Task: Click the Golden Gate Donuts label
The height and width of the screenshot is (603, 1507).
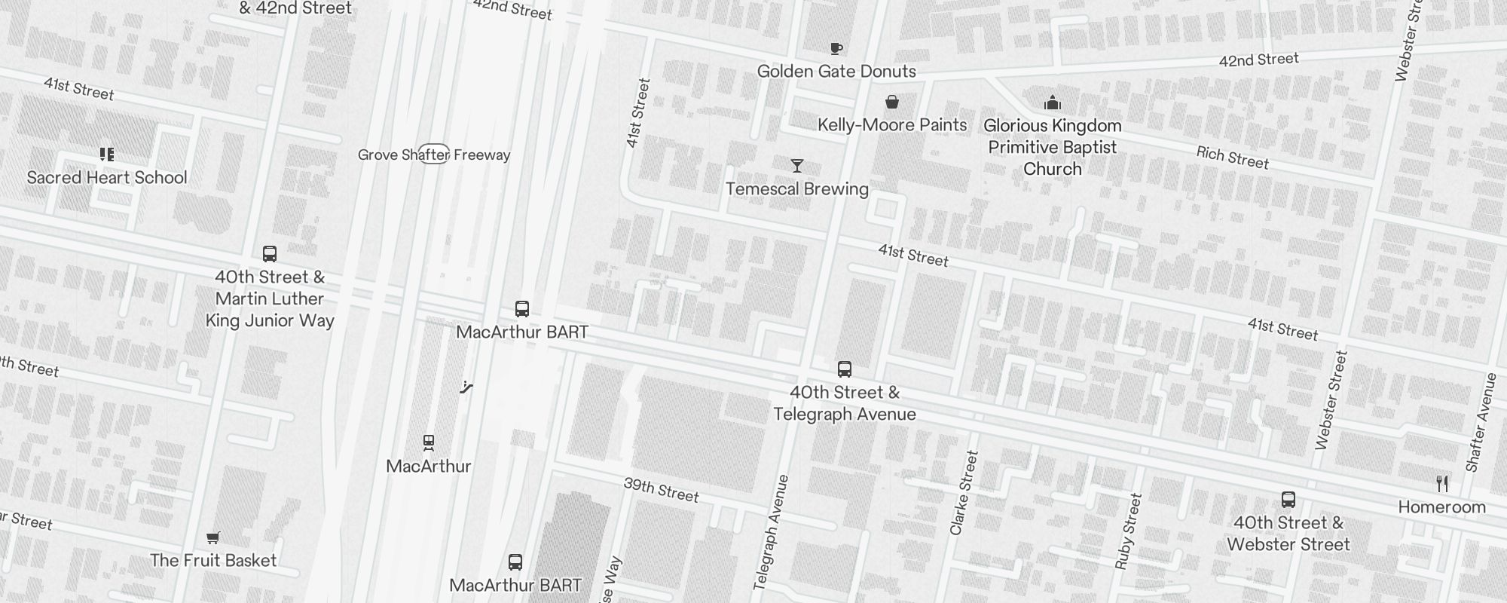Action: click(x=836, y=72)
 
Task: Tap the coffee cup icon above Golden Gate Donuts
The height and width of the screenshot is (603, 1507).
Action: click(x=836, y=49)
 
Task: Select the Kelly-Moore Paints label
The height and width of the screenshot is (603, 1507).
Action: click(x=892, y=125)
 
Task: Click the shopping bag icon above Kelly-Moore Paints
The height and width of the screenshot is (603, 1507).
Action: click(x=892, y=102)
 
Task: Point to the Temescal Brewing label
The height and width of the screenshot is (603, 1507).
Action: click(x=797, y=189)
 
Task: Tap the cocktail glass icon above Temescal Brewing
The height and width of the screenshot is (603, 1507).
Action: click(x=797, y=166)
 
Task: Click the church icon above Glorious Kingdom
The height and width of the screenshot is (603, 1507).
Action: click(x=1053, y=103)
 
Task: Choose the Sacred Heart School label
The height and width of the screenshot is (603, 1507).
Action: click(x=107, y=178)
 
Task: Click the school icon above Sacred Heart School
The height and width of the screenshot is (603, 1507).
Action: click(x=107, y=155)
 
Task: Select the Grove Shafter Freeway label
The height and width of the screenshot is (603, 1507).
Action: click(x=434, y=155)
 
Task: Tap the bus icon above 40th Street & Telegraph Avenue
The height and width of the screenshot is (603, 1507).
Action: click(x=845, y=369)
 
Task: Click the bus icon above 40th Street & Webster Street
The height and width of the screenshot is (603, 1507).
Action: click(x=1288, y=500)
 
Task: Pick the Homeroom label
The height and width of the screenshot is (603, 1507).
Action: click(x=1441, y=507)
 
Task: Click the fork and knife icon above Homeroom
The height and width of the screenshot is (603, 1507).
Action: click(x=1442, y=484)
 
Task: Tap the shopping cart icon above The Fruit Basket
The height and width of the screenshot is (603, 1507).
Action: click(x=213, y=537)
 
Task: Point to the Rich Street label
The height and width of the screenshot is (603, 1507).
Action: click(x=1233, y=158)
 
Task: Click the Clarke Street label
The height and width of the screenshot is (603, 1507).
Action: click(x=964, y=493)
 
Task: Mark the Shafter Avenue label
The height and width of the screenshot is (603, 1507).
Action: click(x=1481, y=422)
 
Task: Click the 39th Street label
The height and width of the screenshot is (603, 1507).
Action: click(x=661, y=490)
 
